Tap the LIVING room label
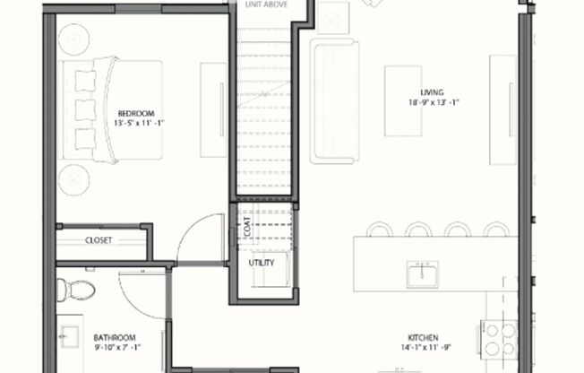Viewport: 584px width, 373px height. coord(432,92)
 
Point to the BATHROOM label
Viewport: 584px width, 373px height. coord(115,337)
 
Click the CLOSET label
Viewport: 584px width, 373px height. coord(99,240)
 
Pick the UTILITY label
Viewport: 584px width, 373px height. coord(262,263)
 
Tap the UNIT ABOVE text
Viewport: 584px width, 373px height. coord(266,4)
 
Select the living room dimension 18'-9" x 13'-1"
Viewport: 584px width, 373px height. coord(432,102)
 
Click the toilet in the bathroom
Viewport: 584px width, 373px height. coord(75,290)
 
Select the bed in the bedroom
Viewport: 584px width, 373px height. coord(112,109)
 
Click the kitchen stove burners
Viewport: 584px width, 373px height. coord(499,338)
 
